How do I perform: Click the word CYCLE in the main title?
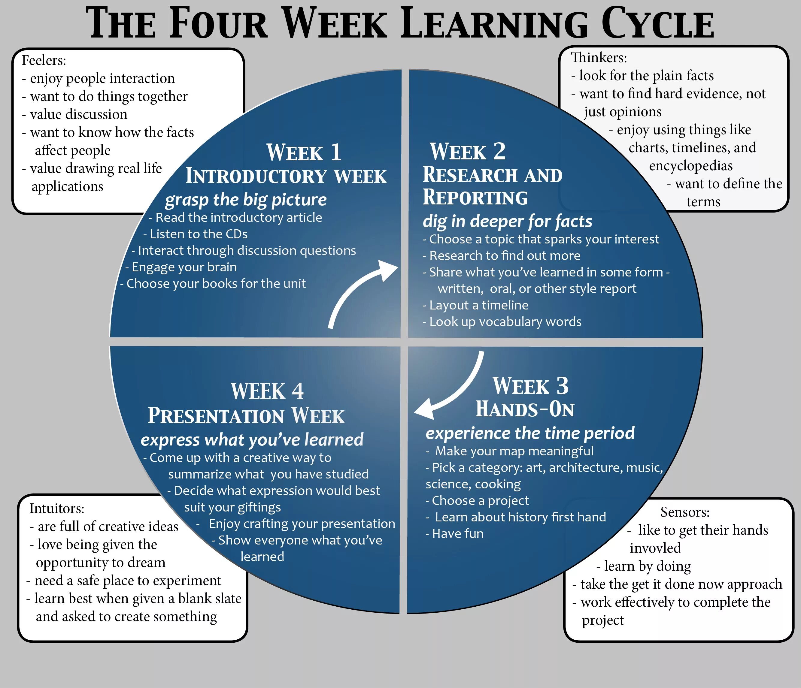pos(657,24)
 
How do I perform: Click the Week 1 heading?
pos(304,152)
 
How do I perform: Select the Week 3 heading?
pos(530,386)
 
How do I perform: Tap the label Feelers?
pos(44,60)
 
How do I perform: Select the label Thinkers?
pos(599,58)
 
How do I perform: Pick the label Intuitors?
pos(57,508)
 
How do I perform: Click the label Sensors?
pos(685,512)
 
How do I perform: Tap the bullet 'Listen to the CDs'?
pos(198,234)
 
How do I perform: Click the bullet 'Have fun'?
pos(457,533)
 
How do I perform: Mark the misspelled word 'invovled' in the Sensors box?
pos(655,548)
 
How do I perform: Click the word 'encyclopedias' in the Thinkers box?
pos(690,166)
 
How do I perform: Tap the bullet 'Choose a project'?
pos(480,501)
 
